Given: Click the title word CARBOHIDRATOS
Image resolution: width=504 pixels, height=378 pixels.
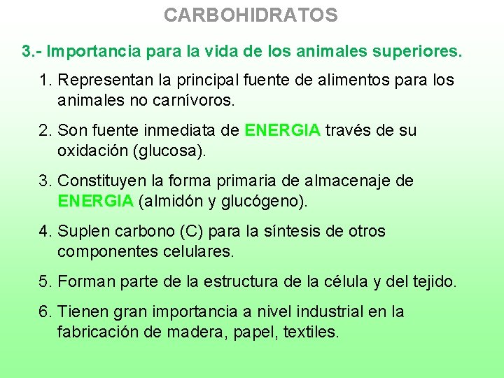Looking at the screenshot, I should tap(251, 15).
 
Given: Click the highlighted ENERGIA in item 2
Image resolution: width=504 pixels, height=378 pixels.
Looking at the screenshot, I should tap(283, 130).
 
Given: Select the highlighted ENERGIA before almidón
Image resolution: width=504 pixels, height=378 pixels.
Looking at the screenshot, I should tap(95, 201).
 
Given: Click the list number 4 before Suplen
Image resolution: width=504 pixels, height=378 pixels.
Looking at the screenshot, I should tap(44, 231).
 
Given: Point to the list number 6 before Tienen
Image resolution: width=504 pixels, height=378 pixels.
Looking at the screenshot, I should tap(44, 311).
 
